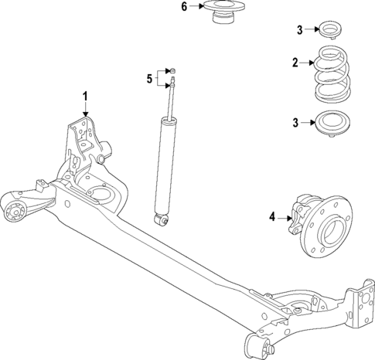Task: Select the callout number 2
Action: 295,63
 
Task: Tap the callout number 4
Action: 271,218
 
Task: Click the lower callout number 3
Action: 295,123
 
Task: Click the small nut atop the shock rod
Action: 174,70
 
